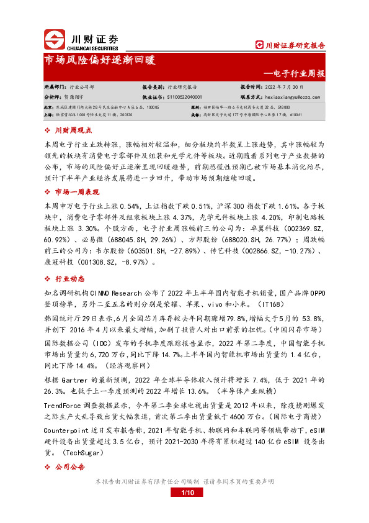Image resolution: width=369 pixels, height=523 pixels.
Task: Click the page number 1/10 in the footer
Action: coord(188,493)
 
